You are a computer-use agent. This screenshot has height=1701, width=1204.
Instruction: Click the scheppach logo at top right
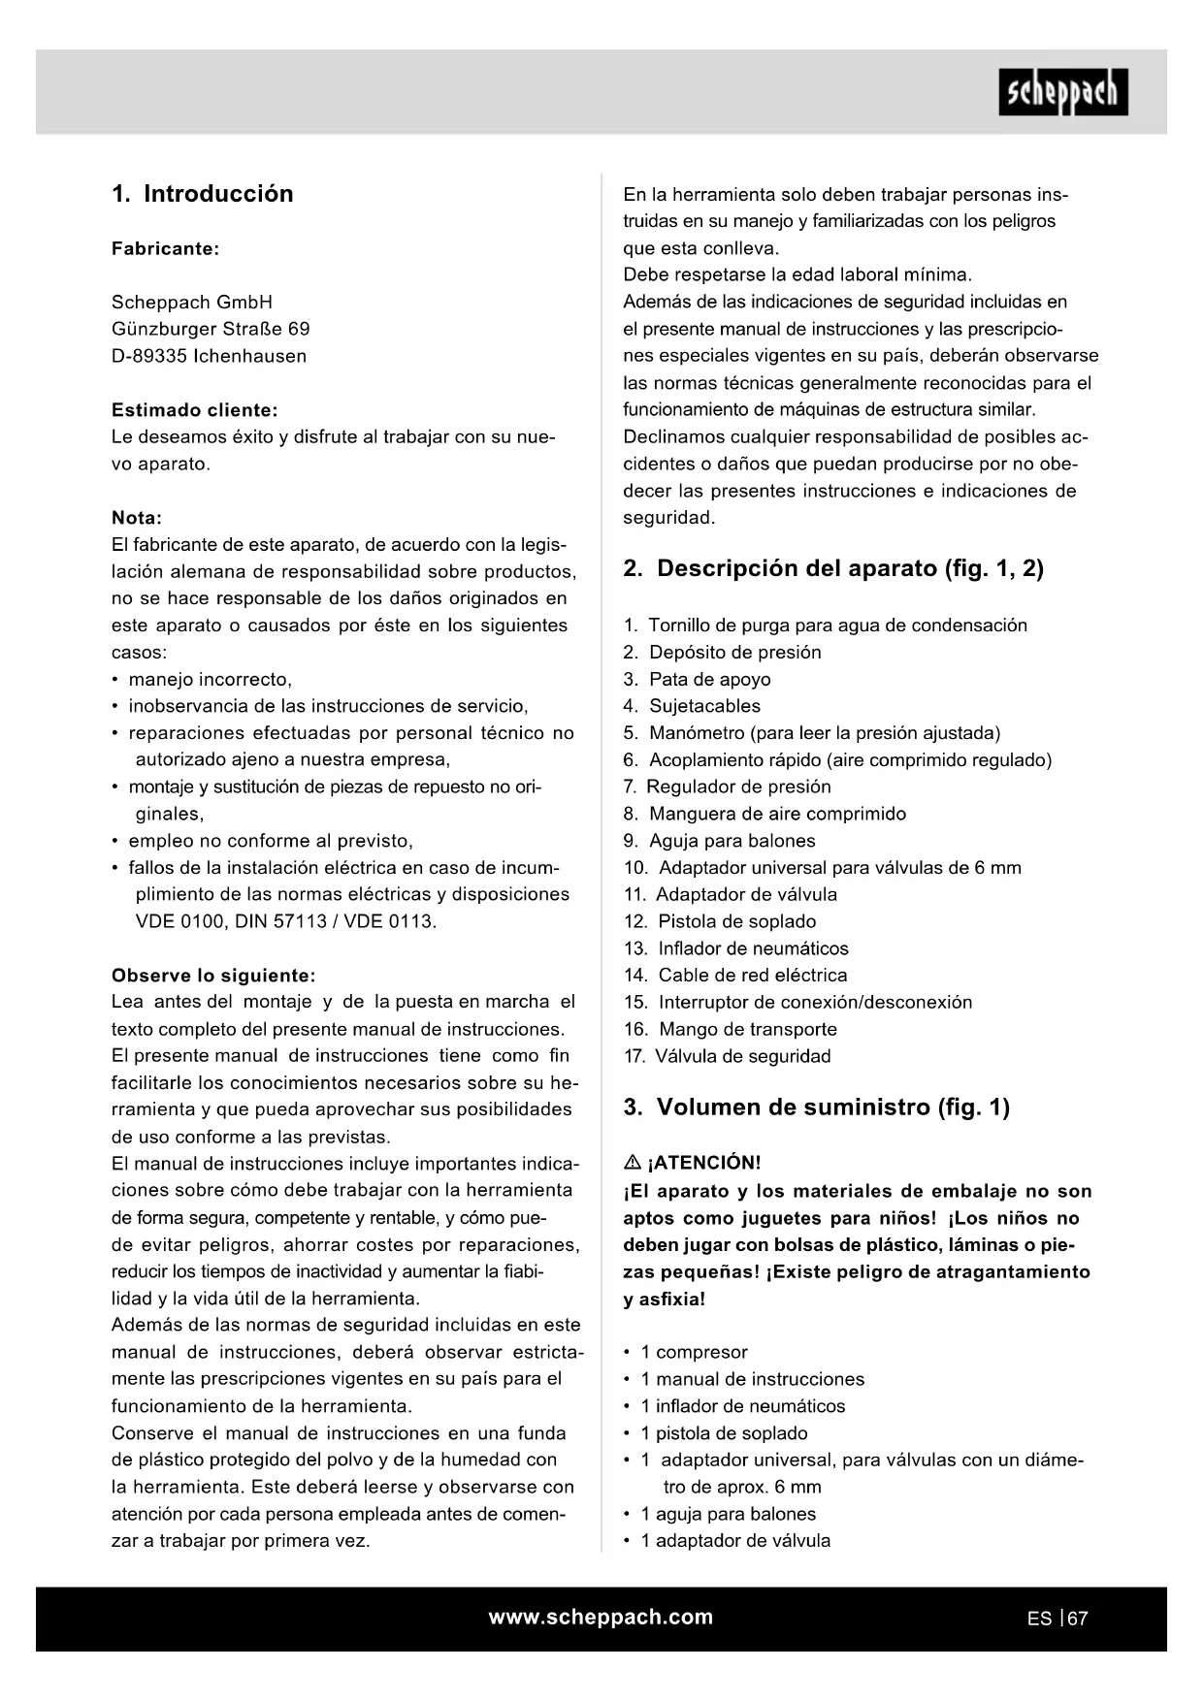[1062, 92]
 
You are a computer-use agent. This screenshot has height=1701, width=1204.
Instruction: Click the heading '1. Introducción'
[202, 194]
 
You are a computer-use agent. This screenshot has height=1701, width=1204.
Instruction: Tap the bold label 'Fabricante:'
[165, 248]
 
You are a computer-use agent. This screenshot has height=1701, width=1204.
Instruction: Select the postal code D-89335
[148, 356]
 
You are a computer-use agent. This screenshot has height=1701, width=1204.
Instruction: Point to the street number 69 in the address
[299, 329]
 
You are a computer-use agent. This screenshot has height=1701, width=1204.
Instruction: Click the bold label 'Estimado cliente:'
[194, 410]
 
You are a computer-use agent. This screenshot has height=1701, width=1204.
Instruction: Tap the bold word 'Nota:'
[137, 518]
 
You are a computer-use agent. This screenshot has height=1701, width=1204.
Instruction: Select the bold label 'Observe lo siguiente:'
[213, 976]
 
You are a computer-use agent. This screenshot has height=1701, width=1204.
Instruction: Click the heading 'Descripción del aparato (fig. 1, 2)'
[850, 568]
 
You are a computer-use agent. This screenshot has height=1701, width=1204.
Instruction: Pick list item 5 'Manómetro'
[825, 733]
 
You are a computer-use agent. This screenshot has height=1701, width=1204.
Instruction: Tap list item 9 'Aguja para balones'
[732, 841]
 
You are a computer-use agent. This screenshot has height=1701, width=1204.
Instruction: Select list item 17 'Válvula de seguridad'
[742, 1056]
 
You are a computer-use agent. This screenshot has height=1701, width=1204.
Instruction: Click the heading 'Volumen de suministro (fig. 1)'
[832, 1107]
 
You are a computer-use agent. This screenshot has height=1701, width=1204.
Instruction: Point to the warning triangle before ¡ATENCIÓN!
[632, 1162]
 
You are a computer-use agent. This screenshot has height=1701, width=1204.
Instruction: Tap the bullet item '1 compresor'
[694, 1352]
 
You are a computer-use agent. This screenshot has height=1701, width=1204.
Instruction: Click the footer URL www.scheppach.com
[601, 1617]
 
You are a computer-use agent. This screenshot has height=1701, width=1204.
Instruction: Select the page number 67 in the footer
[1077, 1619]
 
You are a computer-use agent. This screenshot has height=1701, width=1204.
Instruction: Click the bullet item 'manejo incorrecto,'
[210, 679]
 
